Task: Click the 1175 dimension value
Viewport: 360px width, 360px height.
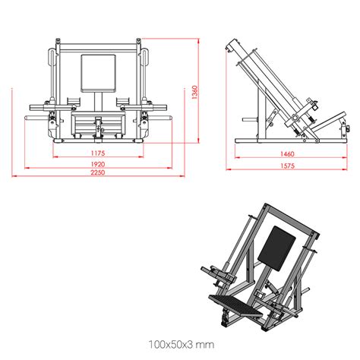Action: coord(98,153)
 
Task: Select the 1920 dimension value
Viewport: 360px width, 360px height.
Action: coord(98,164)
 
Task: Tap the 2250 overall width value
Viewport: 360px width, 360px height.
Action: coord(98,172)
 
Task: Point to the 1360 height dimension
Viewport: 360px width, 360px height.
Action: coord(194,92)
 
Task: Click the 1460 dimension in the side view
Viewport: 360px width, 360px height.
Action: coord(287,153)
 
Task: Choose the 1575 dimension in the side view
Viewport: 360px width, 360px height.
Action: coord(287,166)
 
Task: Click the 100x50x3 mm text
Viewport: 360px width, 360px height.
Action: coord(182,345)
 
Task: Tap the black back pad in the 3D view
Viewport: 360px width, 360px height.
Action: coord(276,248)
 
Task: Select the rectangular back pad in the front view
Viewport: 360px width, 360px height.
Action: coord(99,74)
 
